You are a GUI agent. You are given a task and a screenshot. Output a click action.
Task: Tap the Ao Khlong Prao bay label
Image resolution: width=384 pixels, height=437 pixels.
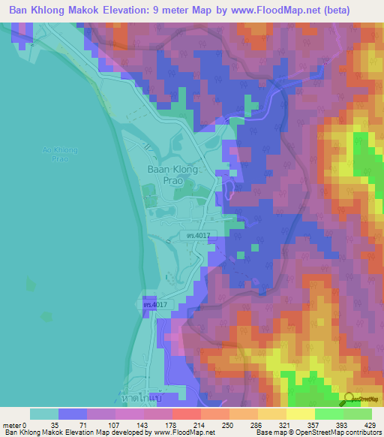(x=60, y=155)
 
